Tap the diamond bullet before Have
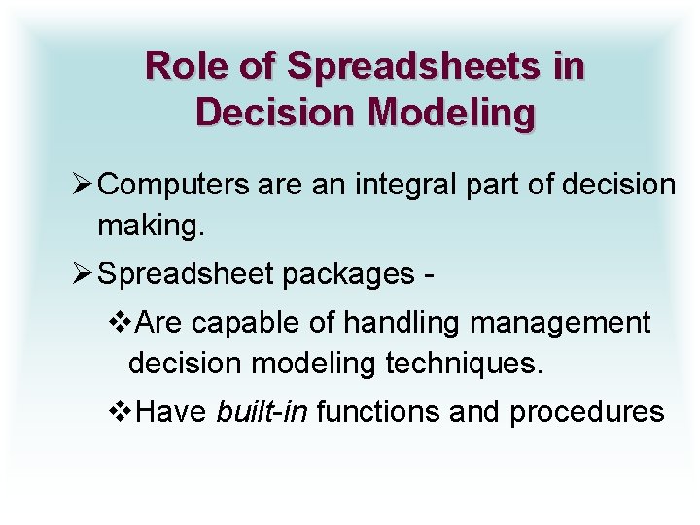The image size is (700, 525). coord(122,412)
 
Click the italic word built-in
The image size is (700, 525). coord(262,412)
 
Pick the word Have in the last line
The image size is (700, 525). coord(172,412)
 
